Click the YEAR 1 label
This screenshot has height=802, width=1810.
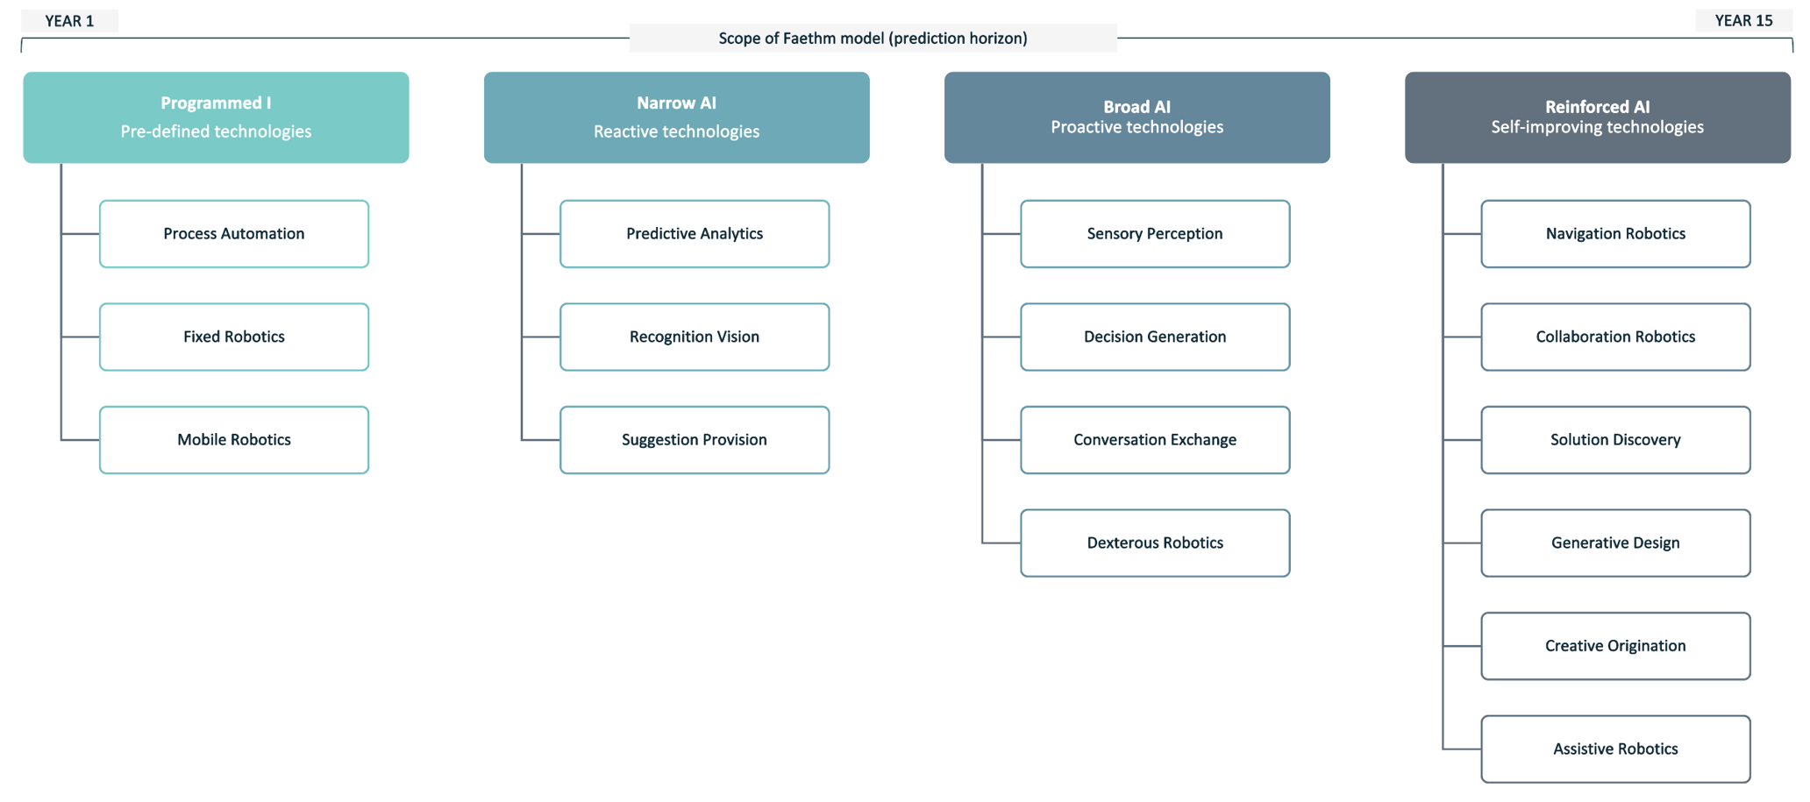pyautogui.click(x=69, y=21)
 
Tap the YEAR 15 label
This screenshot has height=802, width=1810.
pyautogui.click(x=1743, y=21)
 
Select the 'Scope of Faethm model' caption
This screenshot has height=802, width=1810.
pyautogui.click(x=873, y=39)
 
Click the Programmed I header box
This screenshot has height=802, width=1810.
pyautogui.click(x=216, y=117)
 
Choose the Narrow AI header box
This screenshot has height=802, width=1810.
pyautogui.click(x=676, y=117)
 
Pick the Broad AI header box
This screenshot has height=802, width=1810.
pyautogui.click(x=1137, y=117)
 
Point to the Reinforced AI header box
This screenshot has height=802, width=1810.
pyautogui.click(x=1597, y=117)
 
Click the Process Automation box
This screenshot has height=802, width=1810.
pyautogui.click(x=234, y=234)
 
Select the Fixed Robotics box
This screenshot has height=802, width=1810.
pyautogui.click(x=234, y=337)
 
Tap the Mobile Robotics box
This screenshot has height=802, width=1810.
pyautogui.click(x=234, y=440)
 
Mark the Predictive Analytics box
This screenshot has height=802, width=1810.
pyautogui.click(x=695, y=234)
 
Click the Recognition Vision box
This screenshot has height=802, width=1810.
pyautogui.click(x=695, y=337)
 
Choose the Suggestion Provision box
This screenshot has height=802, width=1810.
pyautogui.click(x=695, y=440)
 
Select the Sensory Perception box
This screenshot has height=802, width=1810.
pyautogui.click(x=1155, y=234)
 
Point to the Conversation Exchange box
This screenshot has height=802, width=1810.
pyautogui.click(x=1155, y=440)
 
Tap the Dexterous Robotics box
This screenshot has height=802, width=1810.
pyautogui.click(x=1155, y=543)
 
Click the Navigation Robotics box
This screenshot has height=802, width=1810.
pyautogui.click(x=1615, y=234)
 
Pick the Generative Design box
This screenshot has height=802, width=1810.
pyautogui.click(x=1615, y=543)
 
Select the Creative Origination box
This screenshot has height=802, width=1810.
pyautogui.click(x=1615, y=646)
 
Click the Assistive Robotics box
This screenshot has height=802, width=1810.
pyautogui.click(x=1615, y=749)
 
